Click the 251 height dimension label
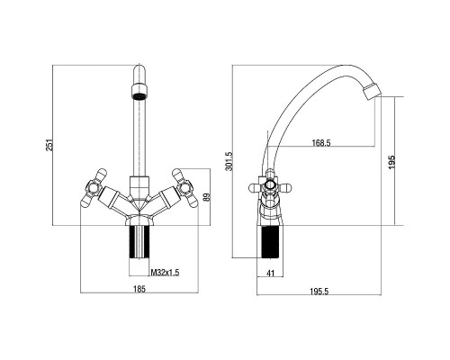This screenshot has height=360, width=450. [x=50, y=145]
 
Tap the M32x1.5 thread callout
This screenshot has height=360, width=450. [x=165, y=273]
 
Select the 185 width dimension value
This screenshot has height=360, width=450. [x=139, y=289]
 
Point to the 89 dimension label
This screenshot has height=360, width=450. [x=206, y=197]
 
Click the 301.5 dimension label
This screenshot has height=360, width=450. [x=229, y=161]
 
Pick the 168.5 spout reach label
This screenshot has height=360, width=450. [x=321, y=143]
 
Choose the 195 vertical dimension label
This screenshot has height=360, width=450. [x=391, y=162]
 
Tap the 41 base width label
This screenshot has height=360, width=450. [x=271, y=273]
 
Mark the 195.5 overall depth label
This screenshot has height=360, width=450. [x=319, y=291]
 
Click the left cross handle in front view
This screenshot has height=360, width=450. [x=94, y=188]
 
